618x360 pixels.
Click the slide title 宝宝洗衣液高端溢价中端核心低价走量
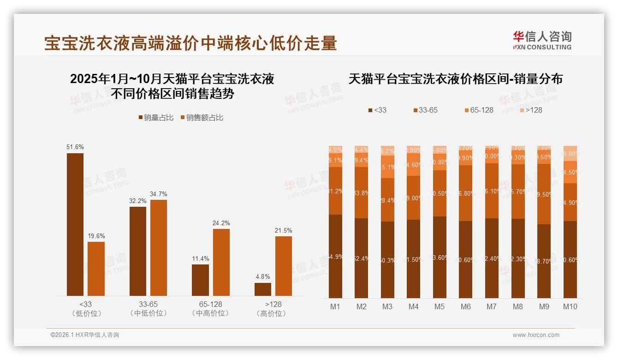(190, 43)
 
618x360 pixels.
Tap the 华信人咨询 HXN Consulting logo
(542, 40)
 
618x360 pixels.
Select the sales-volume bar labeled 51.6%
(75, 224)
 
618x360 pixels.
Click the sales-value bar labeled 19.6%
(96, 269)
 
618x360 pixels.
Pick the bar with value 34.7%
(159, 247)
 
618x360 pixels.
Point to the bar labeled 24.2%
(221, 262)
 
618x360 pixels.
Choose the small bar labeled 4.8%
(263, 289)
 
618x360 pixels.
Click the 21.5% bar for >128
(284, 266)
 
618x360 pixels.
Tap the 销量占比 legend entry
(156, 118)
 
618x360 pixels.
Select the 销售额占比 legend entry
(201, 118)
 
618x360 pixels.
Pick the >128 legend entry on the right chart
(531, 110)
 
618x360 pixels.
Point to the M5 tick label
(440, 306)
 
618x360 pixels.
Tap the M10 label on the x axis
(570, 306)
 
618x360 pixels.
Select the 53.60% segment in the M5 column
(440, 258)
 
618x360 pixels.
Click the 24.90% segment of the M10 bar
(570, 202)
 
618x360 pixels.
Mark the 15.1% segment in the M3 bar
(387, 167)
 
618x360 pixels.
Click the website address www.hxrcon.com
(536, 335)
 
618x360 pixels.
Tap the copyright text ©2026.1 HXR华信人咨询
(85, 335)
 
